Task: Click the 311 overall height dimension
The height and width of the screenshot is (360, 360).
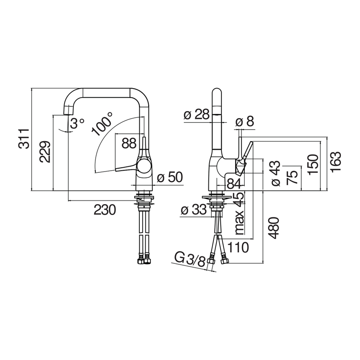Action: [24, 139]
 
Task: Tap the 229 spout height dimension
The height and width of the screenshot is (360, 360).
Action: [45, 152]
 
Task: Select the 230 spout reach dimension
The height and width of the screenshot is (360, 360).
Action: [105, 210]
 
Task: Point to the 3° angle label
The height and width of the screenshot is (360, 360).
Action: [77, 123]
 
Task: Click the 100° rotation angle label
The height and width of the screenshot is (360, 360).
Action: [102, 124]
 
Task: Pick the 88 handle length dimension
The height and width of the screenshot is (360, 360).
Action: [129, 143]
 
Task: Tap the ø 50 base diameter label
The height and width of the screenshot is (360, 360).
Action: [170, 177]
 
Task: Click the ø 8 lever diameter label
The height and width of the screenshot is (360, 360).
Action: [245, 121]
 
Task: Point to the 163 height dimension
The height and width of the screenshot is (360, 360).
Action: [336, 161]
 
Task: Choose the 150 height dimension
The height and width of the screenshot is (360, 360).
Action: [313, 164]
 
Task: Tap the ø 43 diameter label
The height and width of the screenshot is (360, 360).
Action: [276, 173]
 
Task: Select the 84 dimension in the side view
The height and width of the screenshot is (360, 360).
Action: [234, 184]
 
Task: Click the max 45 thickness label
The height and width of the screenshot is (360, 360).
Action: [239, 213]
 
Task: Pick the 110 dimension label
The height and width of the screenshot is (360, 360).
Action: [238, 247]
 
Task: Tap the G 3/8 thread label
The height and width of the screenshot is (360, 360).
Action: [190, 260]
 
